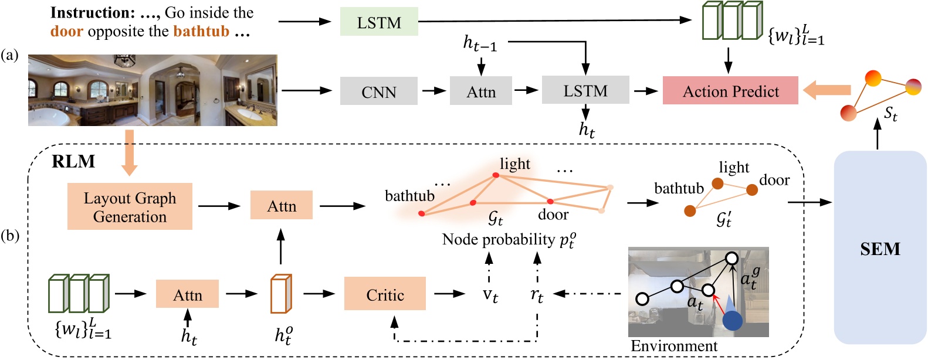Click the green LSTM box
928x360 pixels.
coord(379,22)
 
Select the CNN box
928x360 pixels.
coord(379,91)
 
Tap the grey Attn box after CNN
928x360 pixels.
coord(481,91)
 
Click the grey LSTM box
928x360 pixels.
coord(585,90)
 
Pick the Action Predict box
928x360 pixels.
coord(730,91)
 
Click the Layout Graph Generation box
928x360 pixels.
coord(130,206)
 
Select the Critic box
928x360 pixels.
coord(385,294)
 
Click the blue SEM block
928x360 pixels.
coord(880,248)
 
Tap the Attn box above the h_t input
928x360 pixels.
coord(187,294)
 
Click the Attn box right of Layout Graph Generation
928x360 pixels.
coord(282,206)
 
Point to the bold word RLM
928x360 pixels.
coord(73,162)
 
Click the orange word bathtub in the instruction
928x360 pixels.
coord(201,31)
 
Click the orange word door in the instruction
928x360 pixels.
coord(66,31)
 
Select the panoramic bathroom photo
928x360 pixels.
coord(153,90)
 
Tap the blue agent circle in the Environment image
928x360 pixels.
coord(732,320)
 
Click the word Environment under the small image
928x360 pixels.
coord(673,346)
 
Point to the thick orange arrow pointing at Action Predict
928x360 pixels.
coord(827,90)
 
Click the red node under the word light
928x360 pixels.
coord(496,175)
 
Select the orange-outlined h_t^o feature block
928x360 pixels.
coord(280,294)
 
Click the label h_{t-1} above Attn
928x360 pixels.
coord(480,44)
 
